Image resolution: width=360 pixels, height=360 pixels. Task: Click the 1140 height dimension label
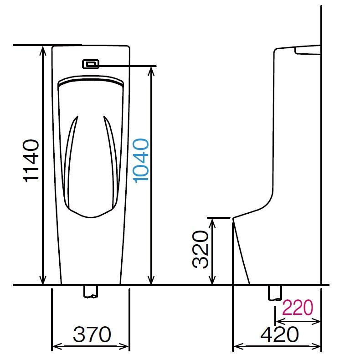pos(31,161)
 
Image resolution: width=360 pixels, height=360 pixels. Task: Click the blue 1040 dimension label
pos(141,161)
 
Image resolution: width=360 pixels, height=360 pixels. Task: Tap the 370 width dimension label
pos(92,334)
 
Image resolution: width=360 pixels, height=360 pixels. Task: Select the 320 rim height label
pos(200,249)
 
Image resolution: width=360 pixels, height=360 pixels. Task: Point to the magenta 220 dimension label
pos(298,308)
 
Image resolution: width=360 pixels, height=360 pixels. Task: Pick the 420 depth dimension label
pos(280,334)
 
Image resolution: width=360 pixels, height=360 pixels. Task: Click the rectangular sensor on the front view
pos(91,64)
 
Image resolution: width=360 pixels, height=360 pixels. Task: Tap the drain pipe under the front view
pos(91,292)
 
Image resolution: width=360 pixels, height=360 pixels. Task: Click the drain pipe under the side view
pos(275,293)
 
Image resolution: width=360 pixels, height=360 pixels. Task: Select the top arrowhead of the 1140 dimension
pos(43,51)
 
